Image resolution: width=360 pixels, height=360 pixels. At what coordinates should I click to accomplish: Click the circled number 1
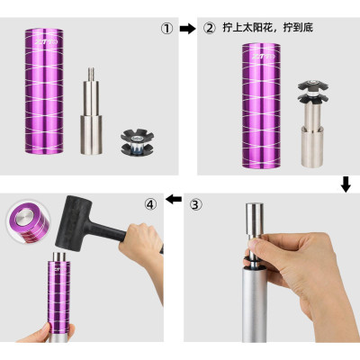[x=166, y=28]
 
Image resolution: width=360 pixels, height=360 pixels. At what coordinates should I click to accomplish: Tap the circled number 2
[x=210, y=28]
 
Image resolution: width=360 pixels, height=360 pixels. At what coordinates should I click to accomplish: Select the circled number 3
[x=195, y=204]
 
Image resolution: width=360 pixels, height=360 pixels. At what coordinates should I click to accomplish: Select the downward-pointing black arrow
[x=346, y=184]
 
